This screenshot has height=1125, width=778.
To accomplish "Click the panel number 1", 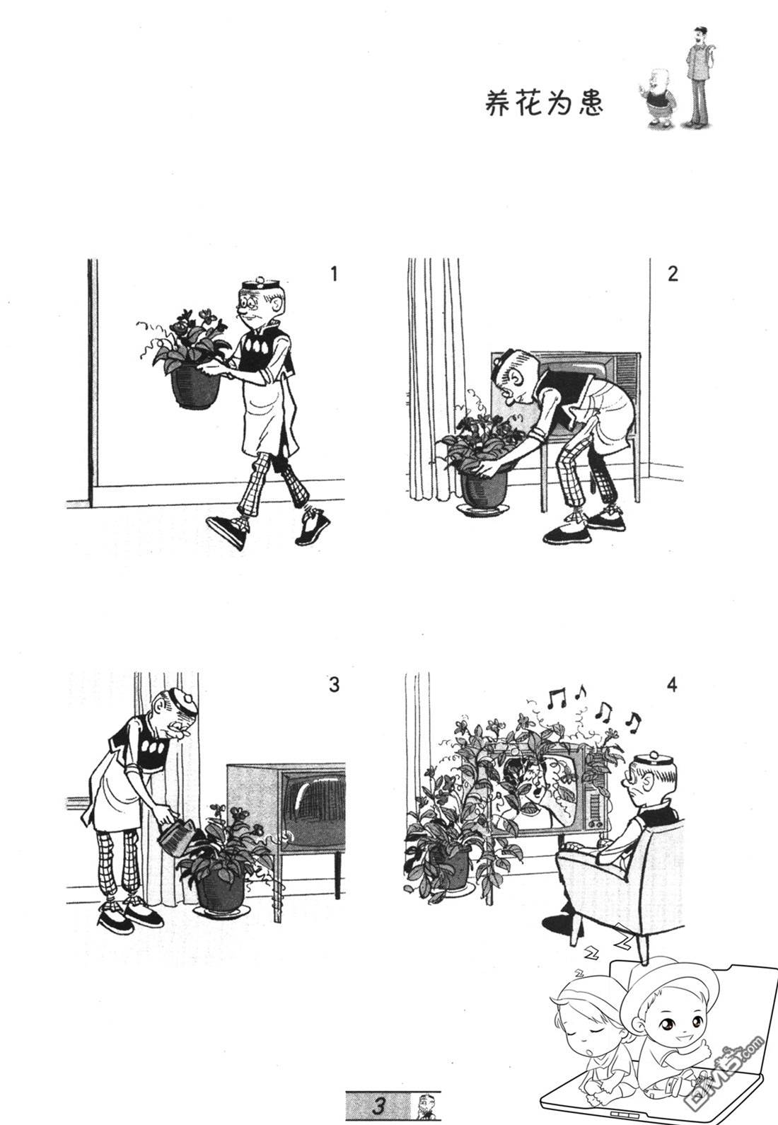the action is [x=335, y=275].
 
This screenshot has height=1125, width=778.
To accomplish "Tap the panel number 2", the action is [x=673, y=274].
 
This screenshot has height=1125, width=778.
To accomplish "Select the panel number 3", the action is [x=335, y=684].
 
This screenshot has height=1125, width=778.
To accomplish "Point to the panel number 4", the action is [x=673, y=684].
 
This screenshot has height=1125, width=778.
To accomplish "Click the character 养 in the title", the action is [x=498, y=104].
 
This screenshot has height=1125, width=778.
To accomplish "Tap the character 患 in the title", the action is [x=591, y=104].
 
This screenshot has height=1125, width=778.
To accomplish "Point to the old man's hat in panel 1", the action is [x=260, y=283].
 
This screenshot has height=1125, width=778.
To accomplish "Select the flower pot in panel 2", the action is [x=483, y=488].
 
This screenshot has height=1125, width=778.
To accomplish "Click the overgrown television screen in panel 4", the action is [x=535, y=792].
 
